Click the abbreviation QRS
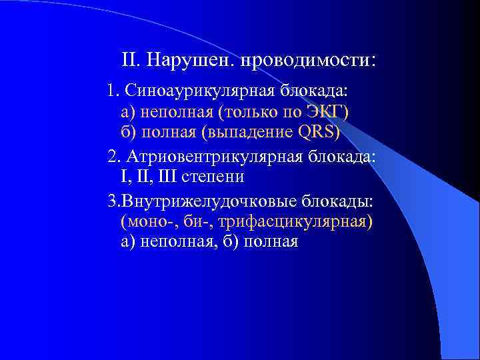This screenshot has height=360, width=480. pyautogui.click(x=317, y=132)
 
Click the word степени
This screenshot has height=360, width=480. pyautogui.click(x=211, y=177)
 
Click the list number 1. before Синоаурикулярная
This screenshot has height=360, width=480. pyautogui.click(x=112, y=89)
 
